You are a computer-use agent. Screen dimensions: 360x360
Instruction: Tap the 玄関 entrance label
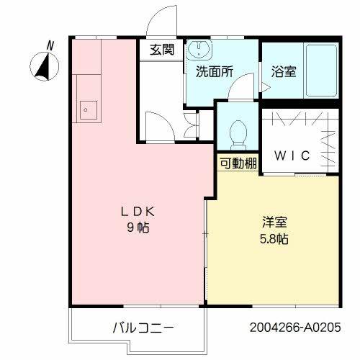tap(161, 50)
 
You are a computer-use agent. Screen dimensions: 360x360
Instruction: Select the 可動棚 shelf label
tap(238, 163)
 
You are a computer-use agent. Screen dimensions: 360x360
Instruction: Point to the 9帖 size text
tap(138, 228)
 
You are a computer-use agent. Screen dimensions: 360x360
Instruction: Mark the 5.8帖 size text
tap(272, 238)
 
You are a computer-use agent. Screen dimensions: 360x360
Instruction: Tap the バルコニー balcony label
tap(143, 328)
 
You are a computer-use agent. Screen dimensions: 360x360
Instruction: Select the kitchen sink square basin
tap(88, 110)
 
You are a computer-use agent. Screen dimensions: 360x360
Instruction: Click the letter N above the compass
tap(50, 45)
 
